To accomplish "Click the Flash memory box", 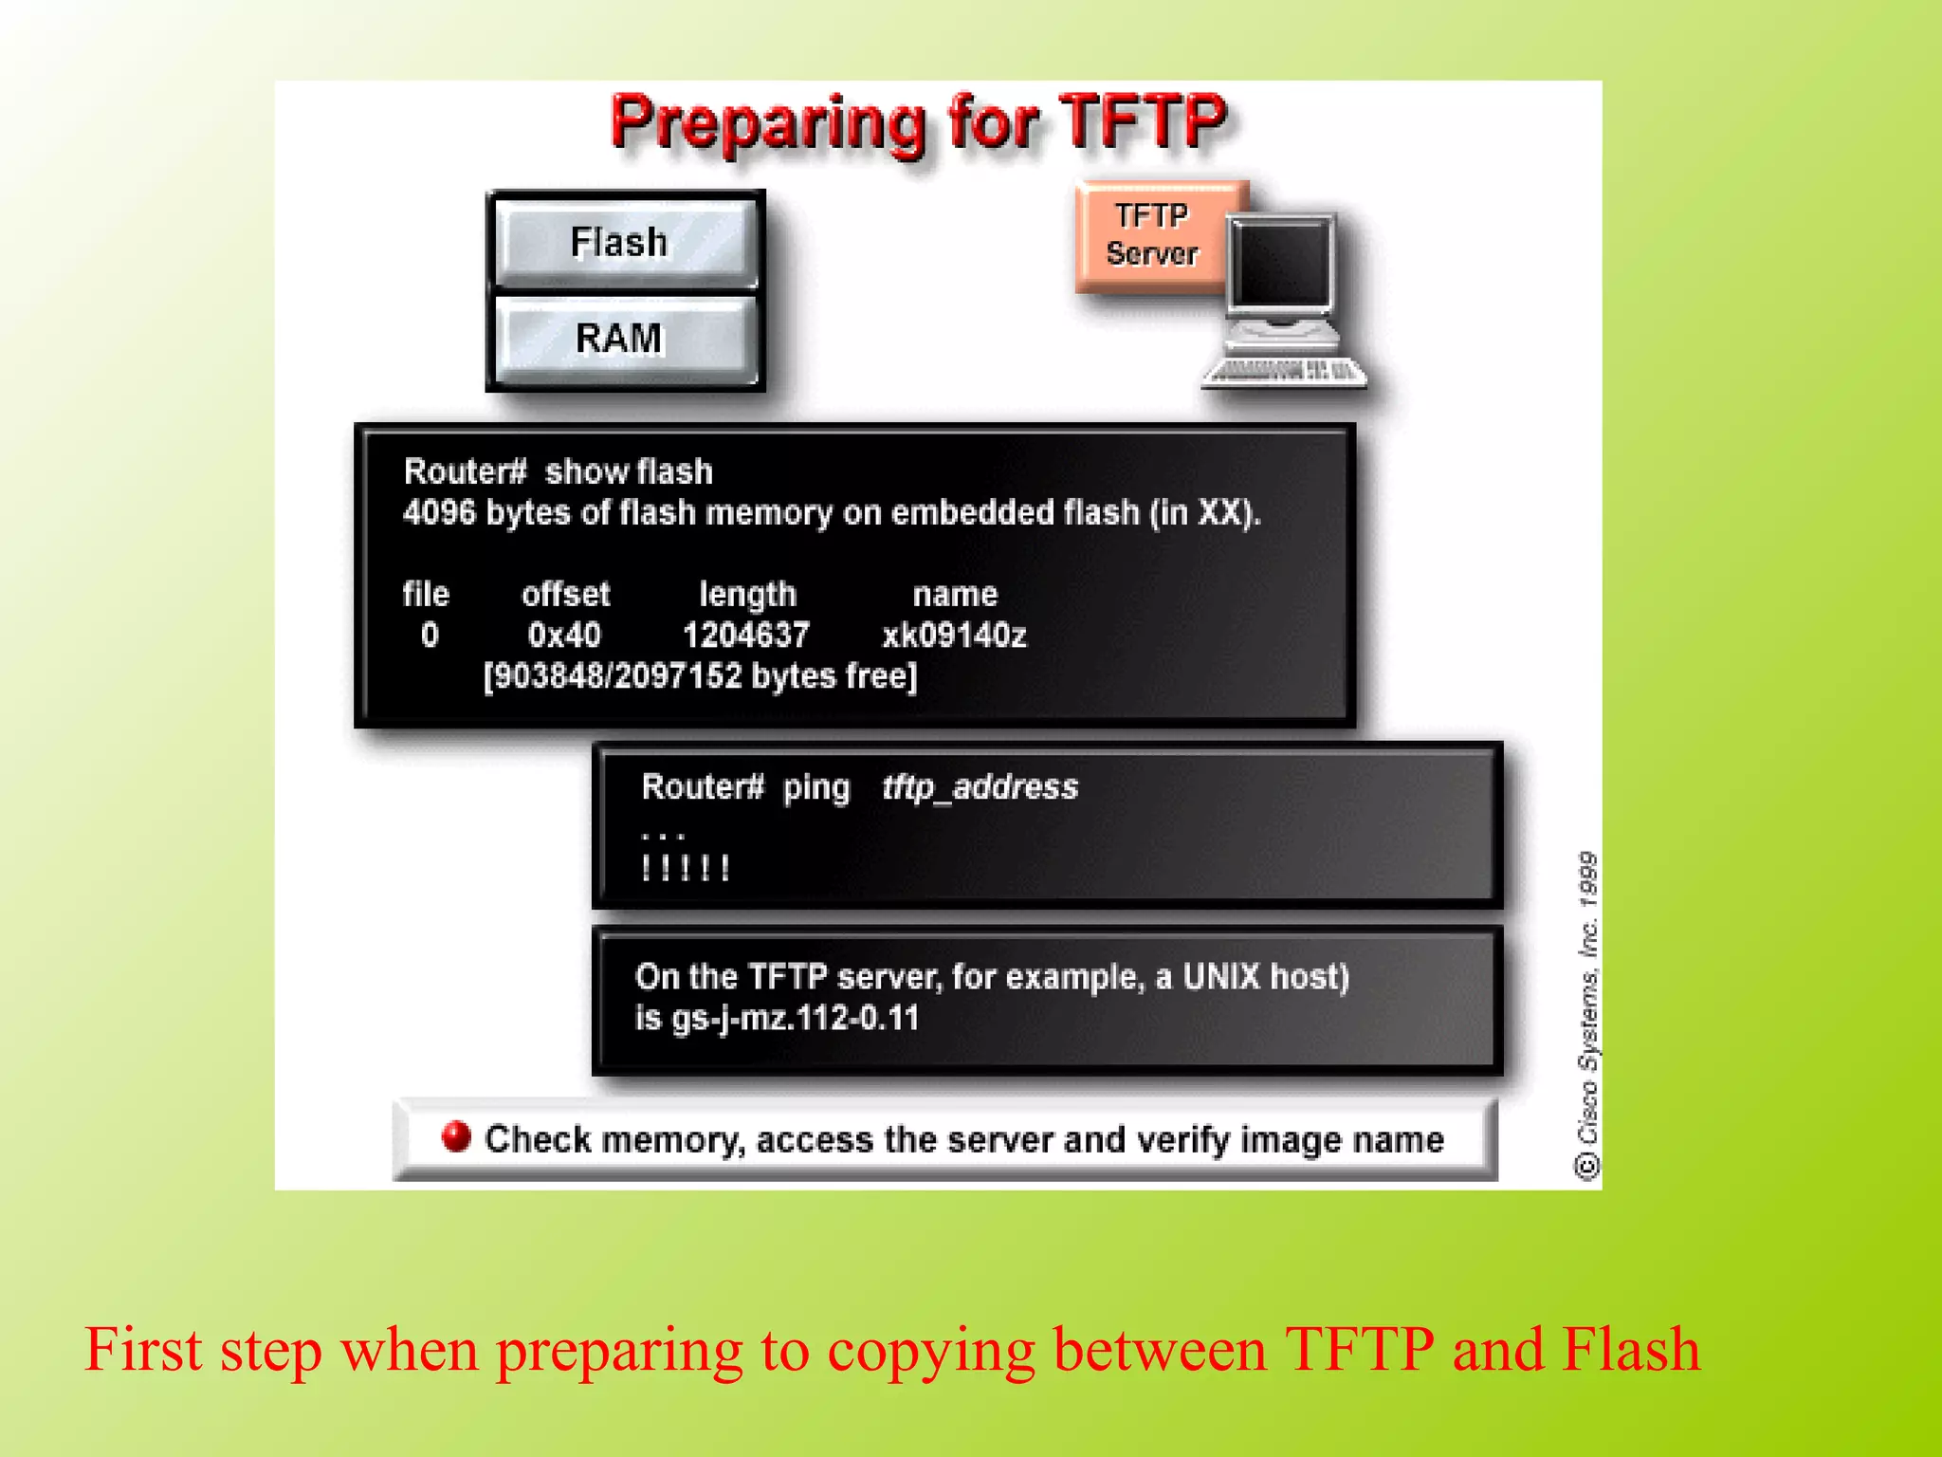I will point(624,242).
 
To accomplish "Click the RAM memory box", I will point(624,339).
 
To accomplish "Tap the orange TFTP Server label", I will point(1151,235).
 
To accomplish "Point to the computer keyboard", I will point(1286,372).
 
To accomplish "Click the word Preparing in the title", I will point(768,123).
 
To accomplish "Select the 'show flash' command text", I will point(628,471).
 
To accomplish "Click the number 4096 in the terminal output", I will point(438,513).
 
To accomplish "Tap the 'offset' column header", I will point(565,595).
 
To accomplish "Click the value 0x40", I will point(564,635).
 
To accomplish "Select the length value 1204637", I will point(746,635).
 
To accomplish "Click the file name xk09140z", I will point(954,635).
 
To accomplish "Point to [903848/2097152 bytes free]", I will point(700,676).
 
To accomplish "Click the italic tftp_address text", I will point(980,787).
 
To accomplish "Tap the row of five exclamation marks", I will point(685,868).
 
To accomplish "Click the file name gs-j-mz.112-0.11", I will point(795,1019).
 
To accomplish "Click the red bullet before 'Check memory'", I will point(456,1135).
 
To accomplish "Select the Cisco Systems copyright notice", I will point(1587,1015).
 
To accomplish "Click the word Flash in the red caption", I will point(1631,1349).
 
